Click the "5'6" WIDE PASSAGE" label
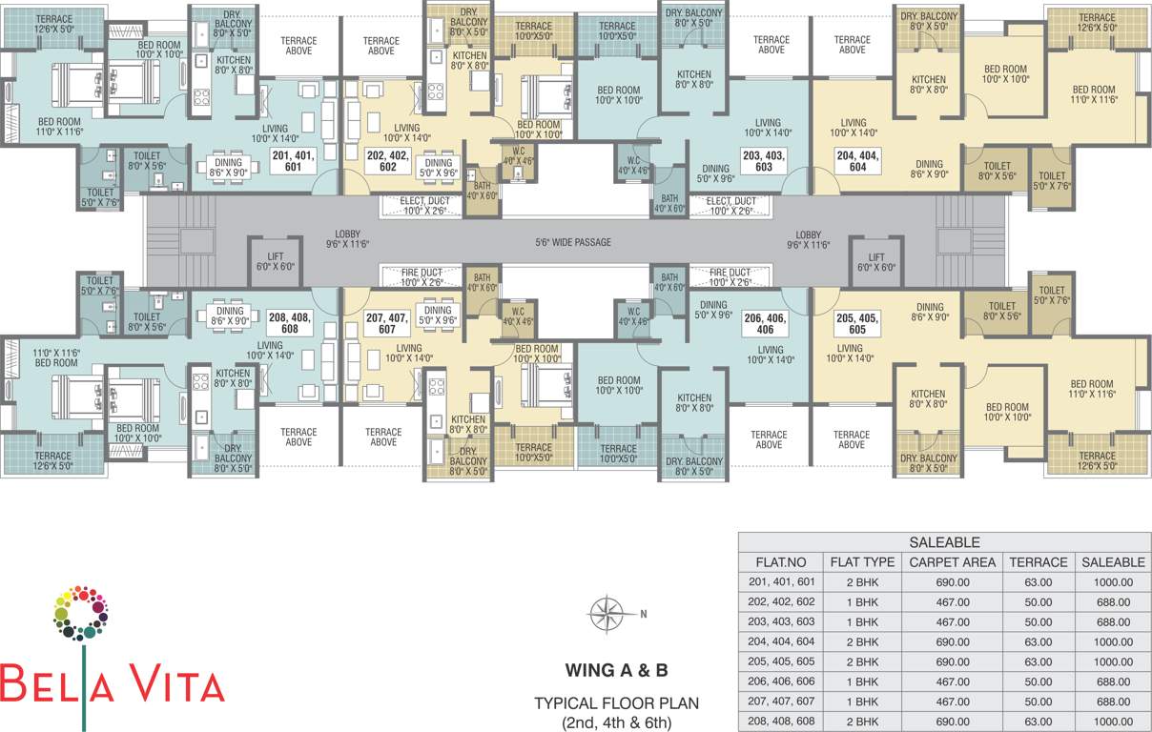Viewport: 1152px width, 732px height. pyautogui.click(x=573, y=242)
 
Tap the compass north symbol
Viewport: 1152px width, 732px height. pyautogui.click(x=606, y=613)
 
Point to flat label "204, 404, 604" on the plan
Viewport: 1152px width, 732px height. pyautogui.click(x=857, y=160)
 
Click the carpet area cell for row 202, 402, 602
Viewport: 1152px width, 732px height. pyautogui.click(x=952, y=602)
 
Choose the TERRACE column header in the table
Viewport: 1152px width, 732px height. pyautogui.click(x=1039, y=562)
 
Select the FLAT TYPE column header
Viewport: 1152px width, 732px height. pyautogui.click(x=862, y=562)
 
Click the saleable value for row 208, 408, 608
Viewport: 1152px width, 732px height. pyautogui.click(x=1113, y=722)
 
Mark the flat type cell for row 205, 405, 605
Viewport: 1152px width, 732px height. pyautogui.click(x=862, y=661)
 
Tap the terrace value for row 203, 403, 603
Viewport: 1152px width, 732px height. pyautogui.click(x=1039, y=621)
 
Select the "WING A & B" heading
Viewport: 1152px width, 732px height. pyautogui.click(x=617, y=670)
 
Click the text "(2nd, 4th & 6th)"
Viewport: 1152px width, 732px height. pyautogui.click(x=617, y=722)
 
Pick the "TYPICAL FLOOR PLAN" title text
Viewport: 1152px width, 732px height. pyautogui.click(x=617, y=703)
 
